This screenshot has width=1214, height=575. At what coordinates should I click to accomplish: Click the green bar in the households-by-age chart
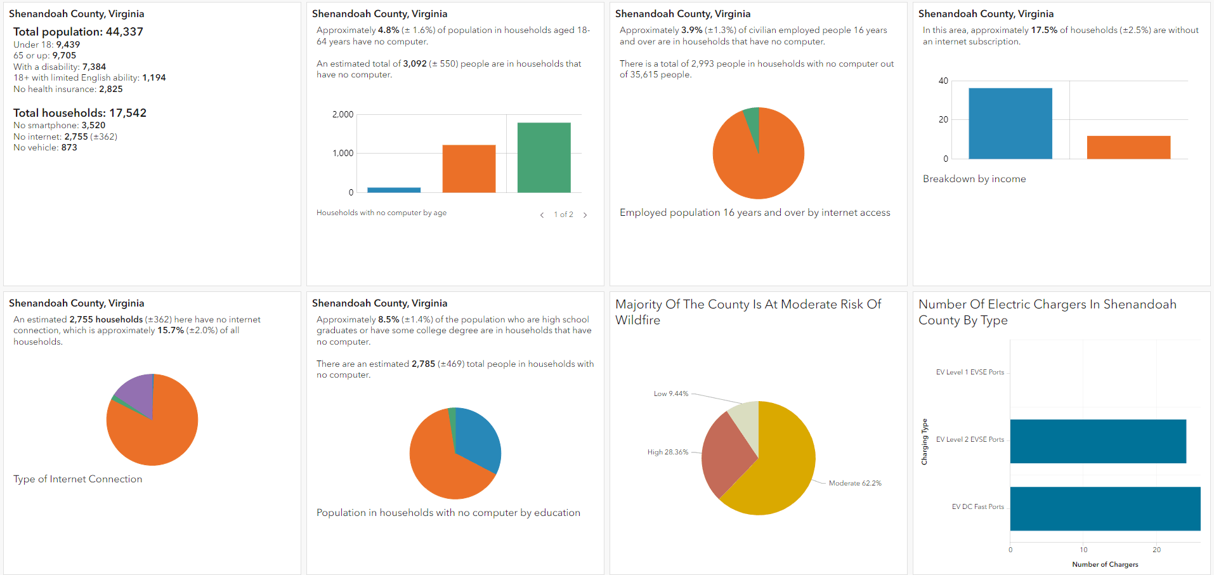[544, 157]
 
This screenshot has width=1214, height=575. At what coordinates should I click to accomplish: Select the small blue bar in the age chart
[394, 190]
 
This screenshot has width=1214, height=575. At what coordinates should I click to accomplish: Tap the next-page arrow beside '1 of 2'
[585, 215]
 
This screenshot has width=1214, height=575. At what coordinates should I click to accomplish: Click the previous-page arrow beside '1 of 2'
[542, 215]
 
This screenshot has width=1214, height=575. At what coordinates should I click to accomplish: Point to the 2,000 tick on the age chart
[343, 114]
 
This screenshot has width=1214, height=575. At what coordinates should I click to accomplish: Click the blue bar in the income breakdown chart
[1010, 123]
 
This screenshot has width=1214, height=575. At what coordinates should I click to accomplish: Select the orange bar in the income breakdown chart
[1128, 147]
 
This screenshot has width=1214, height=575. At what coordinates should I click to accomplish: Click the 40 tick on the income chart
[943, 81]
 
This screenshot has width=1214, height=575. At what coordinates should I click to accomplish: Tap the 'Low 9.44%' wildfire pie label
[670, 393]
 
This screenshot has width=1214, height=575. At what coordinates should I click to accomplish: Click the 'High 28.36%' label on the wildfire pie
[667, 452]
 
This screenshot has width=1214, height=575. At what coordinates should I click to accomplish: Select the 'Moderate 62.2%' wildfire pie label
[854, 483]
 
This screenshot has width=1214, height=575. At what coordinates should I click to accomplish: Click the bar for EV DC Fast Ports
[1105, 508]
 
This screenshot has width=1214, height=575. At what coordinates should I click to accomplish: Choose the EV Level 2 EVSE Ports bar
[1097, 441]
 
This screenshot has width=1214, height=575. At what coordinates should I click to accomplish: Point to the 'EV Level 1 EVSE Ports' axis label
[970, 372]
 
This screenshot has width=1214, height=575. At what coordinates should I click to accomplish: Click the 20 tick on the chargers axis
[1156, 550]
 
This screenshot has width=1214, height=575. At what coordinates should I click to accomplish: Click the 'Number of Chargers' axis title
[1105, 564]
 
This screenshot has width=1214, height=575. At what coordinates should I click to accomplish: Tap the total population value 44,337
[124, 32]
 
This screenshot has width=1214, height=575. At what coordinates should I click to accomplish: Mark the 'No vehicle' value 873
[69, 147]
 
